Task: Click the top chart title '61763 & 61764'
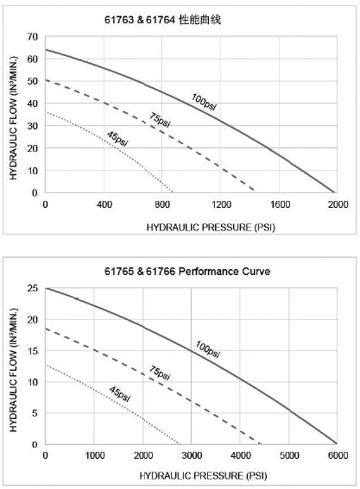(140, 20)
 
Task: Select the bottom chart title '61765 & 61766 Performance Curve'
(187, 272)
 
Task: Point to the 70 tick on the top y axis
(32, 37)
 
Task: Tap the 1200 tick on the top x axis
(221, 204)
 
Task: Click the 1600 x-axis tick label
(280, 204)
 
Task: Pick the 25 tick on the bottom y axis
(32, 288)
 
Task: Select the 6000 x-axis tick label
(338, 455)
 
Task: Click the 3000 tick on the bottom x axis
(192, 455)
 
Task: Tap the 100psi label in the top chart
(204, 102)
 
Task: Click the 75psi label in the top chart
(160, 120)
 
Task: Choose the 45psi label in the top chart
(117, 139)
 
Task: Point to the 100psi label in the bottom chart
(208, 349)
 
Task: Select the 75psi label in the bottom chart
(160, 373)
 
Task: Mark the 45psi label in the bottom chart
(120, 394)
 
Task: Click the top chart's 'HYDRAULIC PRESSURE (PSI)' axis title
(211, 228)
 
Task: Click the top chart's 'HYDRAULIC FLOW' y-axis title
(13, 118)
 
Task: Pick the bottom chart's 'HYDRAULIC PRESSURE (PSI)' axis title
(203, 476)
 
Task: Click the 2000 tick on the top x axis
(338, 204)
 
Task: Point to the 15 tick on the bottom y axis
(32, 351)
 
